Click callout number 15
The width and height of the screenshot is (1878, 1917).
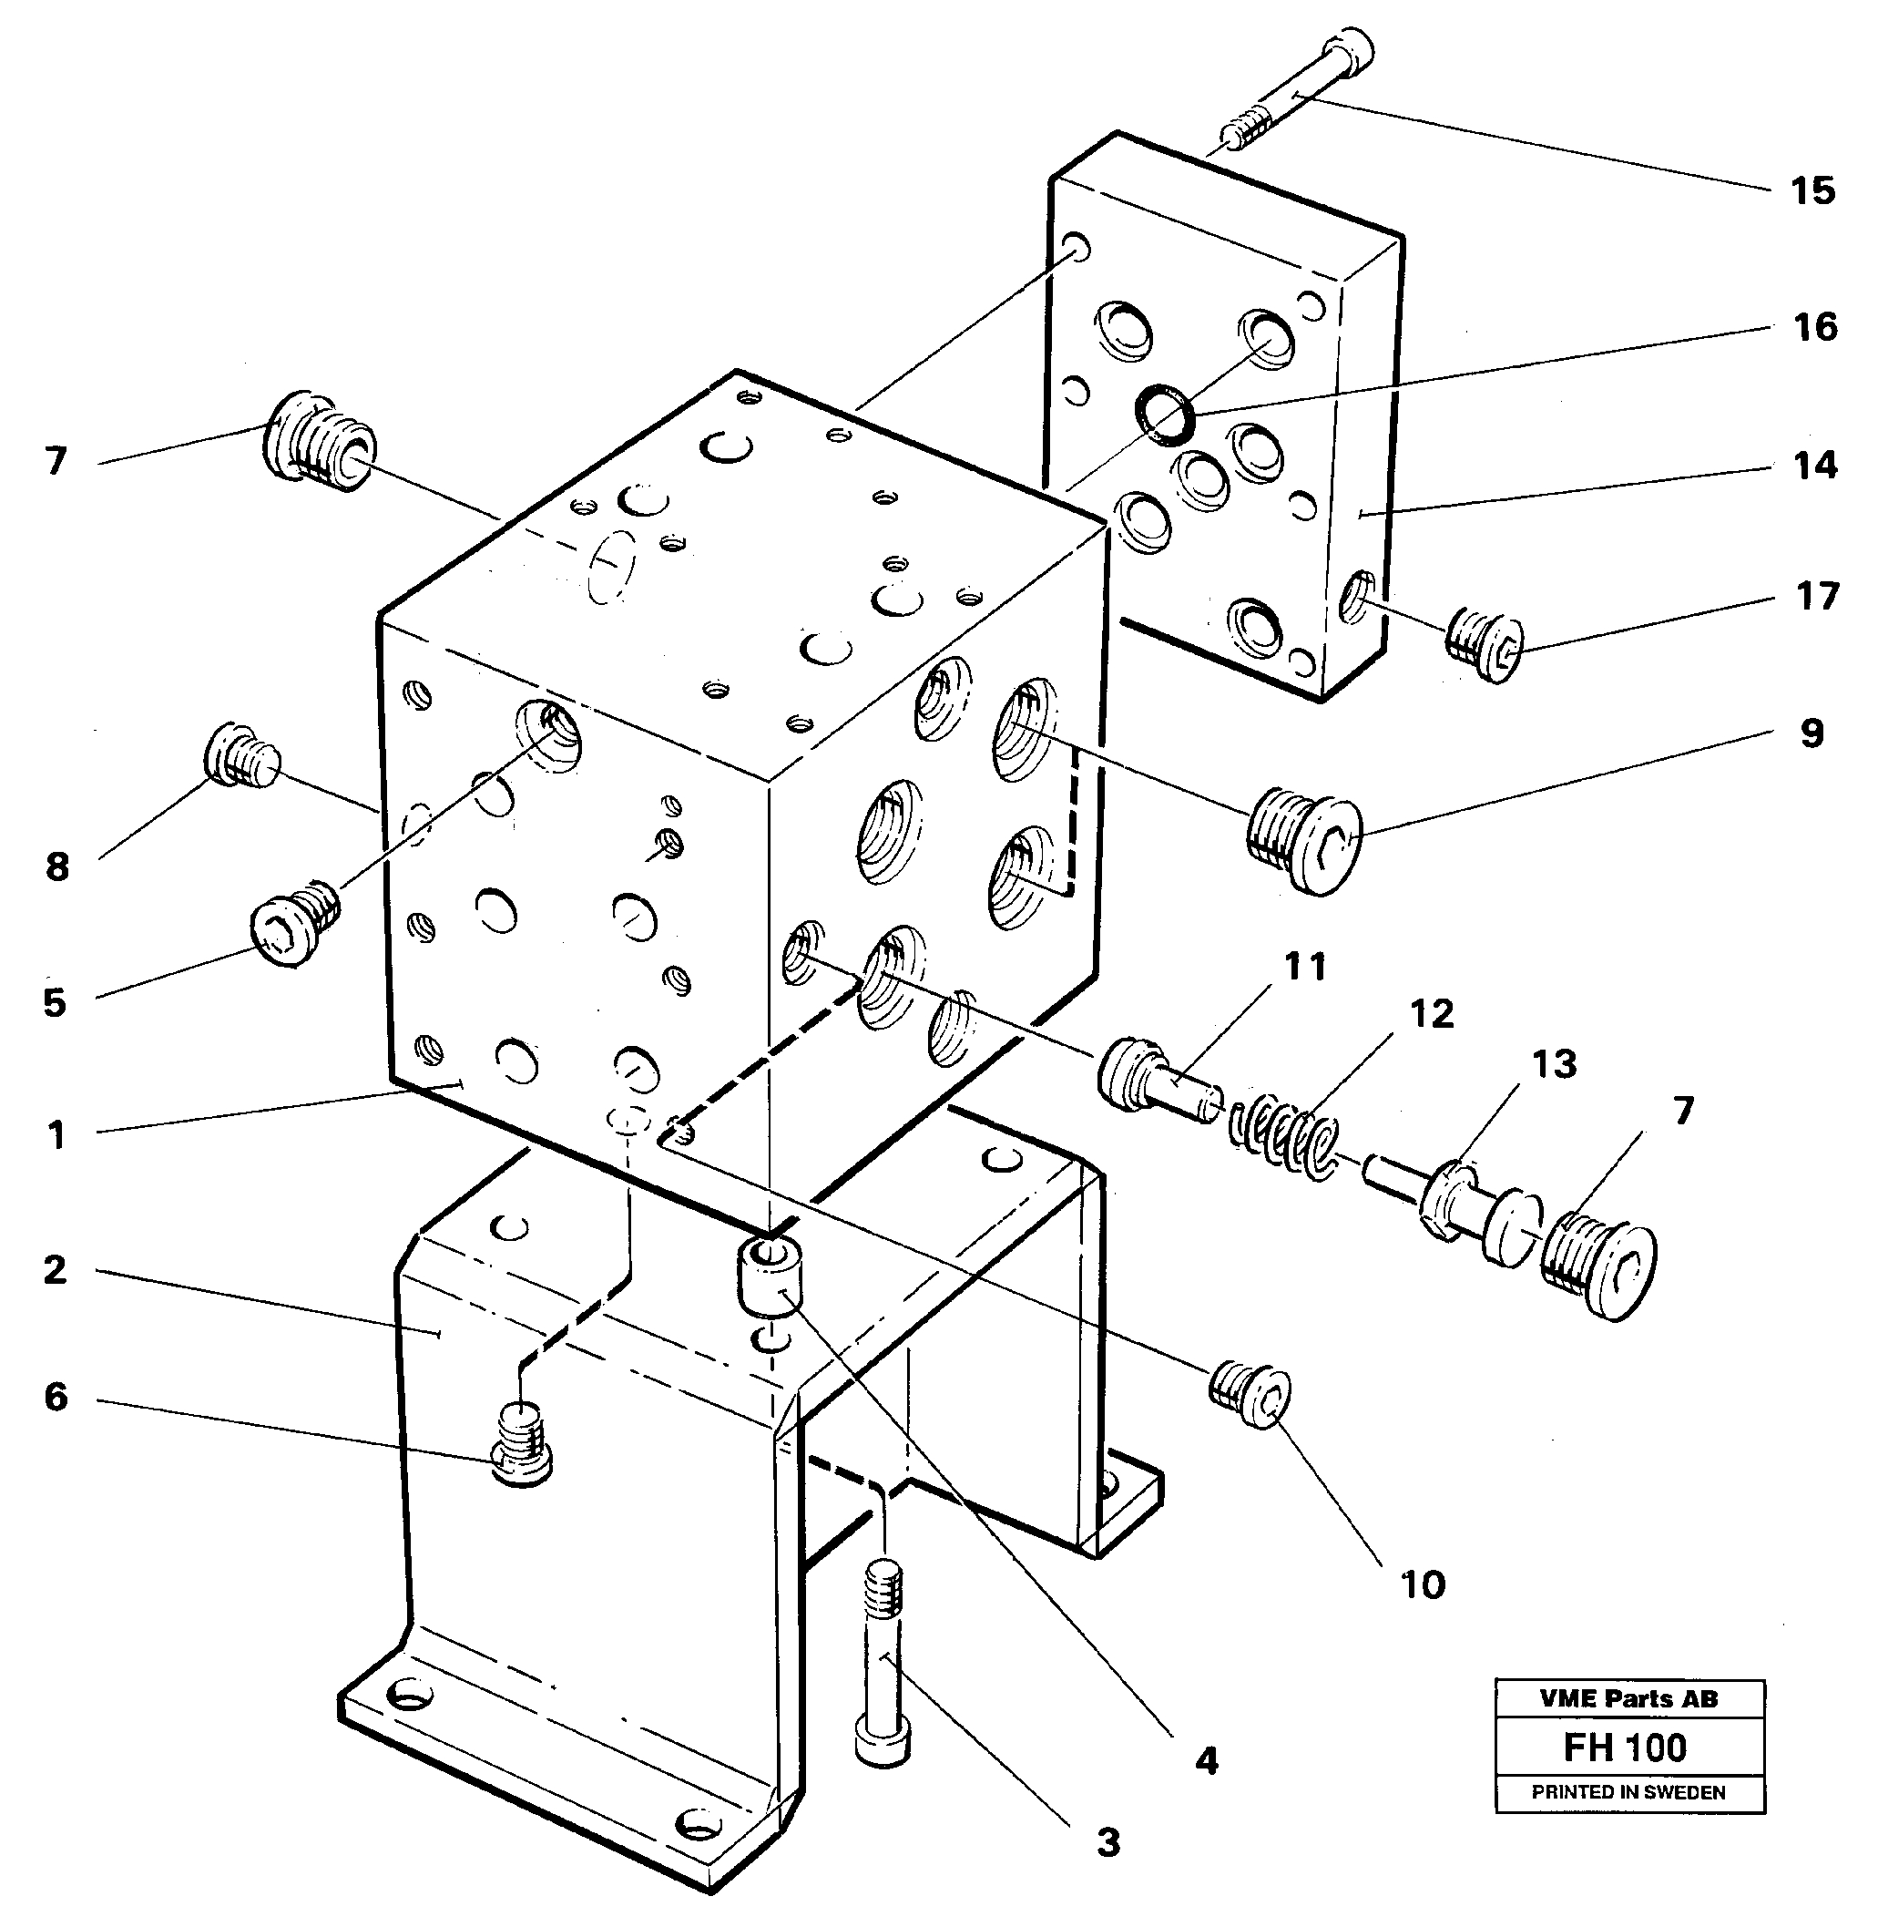tap(1813, 190)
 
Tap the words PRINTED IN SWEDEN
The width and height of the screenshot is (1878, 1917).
tap(1629, 1793)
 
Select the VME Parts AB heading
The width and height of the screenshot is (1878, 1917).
tap(1629, 1699)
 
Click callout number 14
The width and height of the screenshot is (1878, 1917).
tap(1815, 465)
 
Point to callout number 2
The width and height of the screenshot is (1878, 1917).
tap(56, 1270)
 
